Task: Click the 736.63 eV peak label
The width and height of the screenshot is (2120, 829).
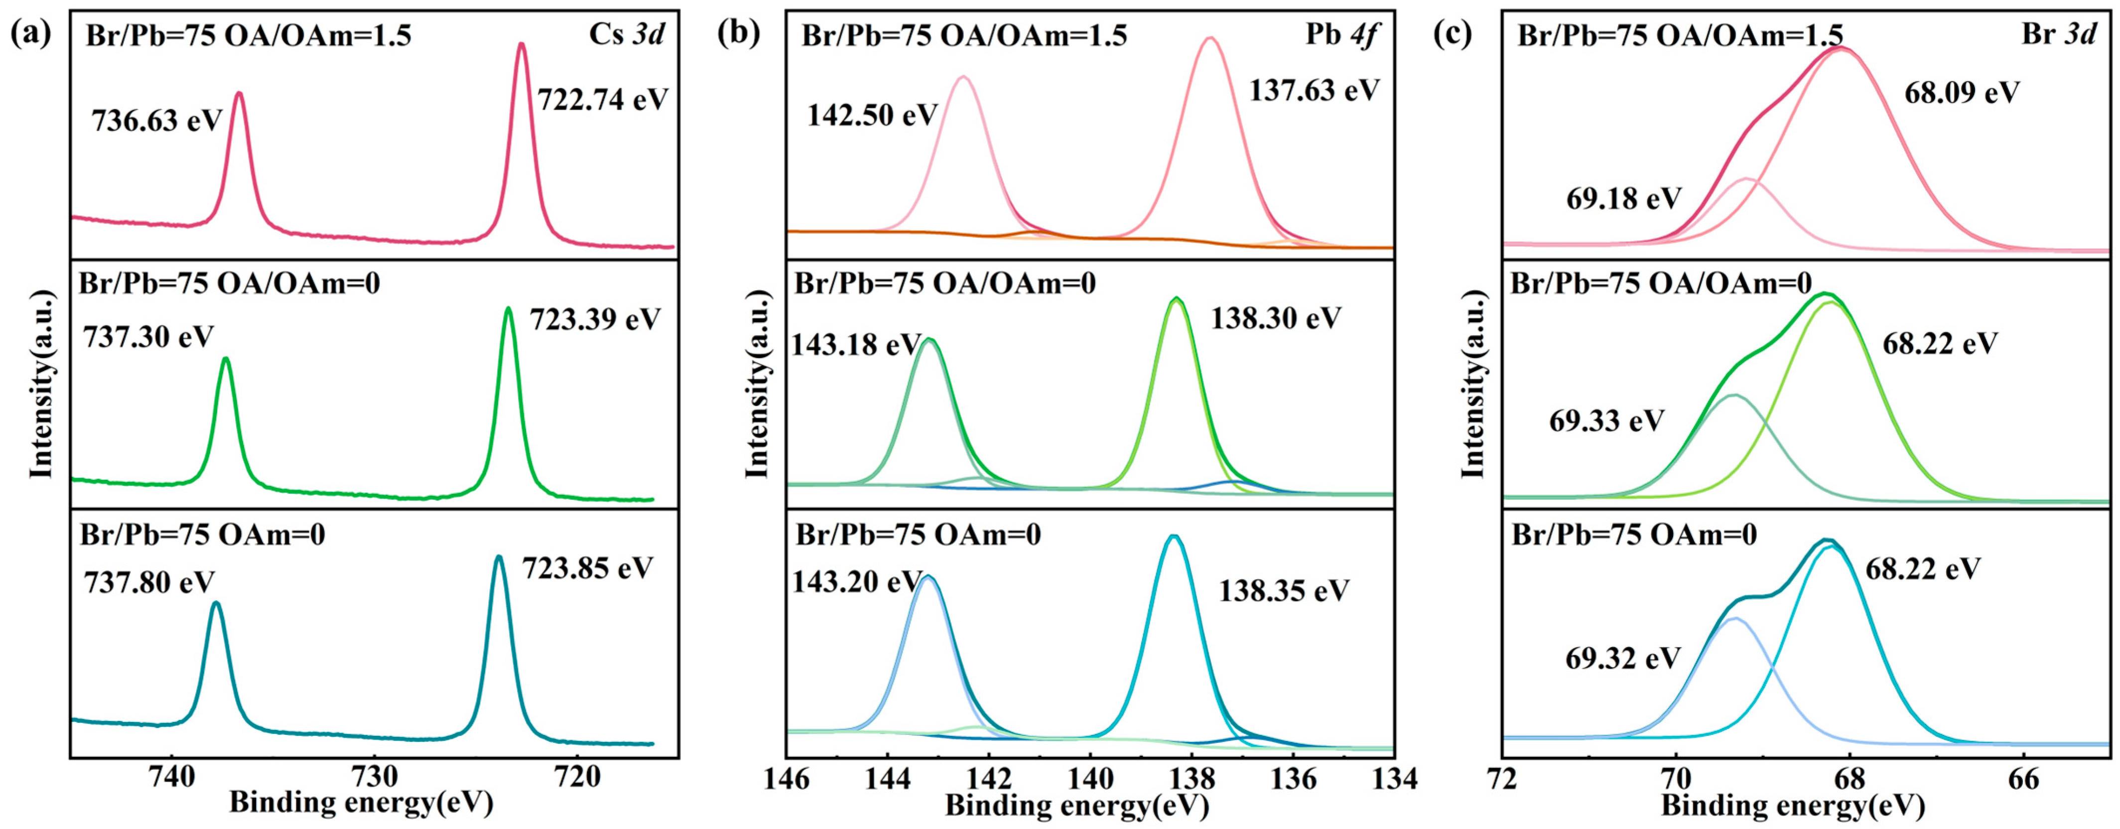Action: click(156, 121)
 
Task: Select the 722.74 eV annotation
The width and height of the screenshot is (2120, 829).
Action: click(602, 100)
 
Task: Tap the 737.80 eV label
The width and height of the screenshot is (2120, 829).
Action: click(149, 583)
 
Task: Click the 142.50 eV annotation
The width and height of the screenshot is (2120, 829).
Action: click(872, 115)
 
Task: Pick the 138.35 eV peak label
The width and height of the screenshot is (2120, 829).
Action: click(1284, 591)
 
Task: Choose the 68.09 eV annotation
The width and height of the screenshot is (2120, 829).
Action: click(1962, 92)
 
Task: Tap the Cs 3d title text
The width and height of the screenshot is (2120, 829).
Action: click(626, 34)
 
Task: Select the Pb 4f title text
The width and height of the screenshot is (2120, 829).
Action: click(1340, 34)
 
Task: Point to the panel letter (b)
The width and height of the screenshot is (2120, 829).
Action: click(738, 34)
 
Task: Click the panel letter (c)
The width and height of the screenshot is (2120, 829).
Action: click(1453, 34)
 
